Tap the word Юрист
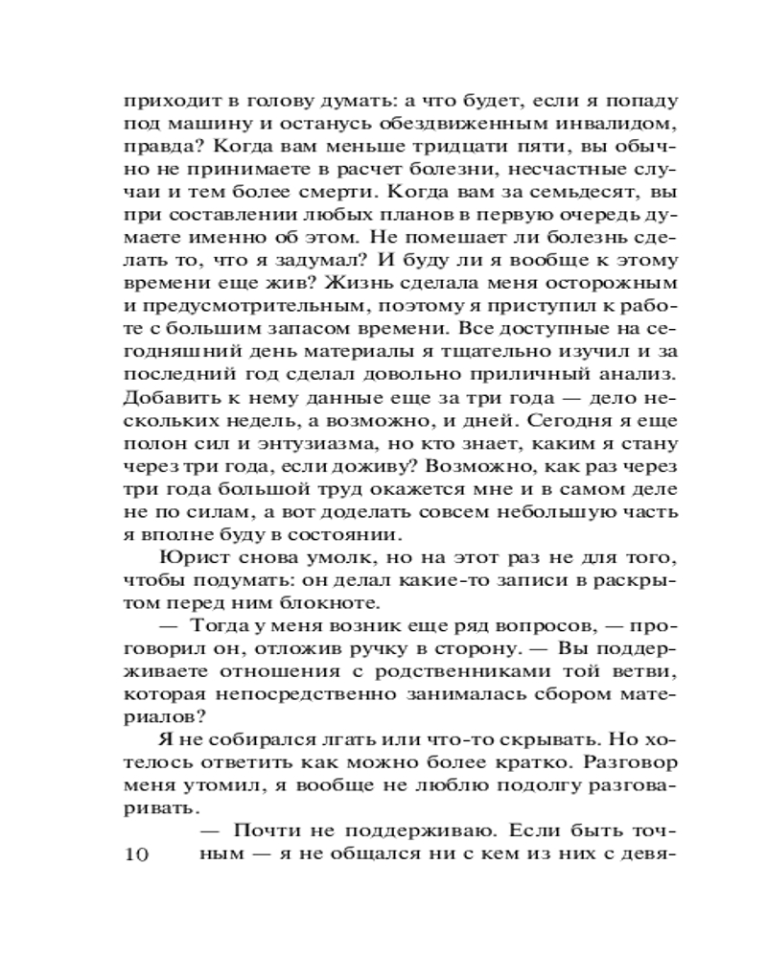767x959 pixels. click(x=190, y=557)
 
